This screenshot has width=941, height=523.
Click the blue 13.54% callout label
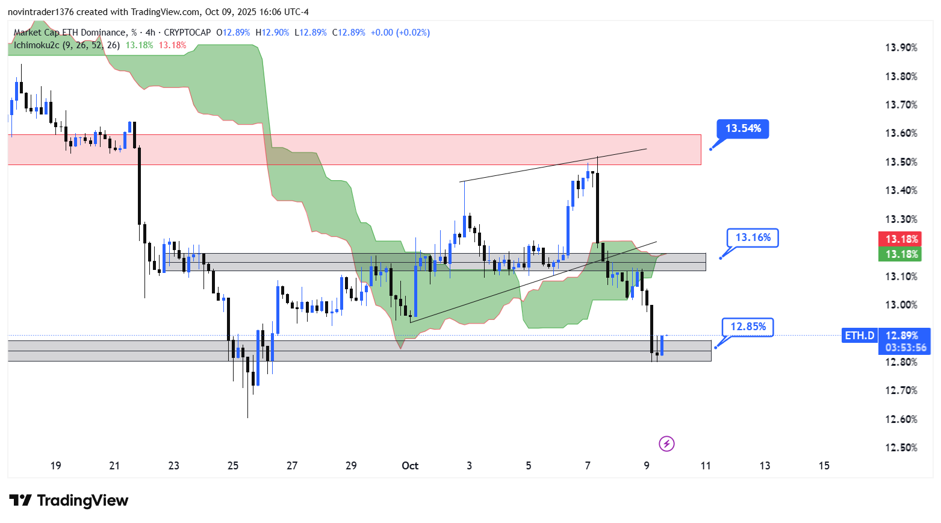(x=743, y=128)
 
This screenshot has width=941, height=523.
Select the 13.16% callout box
(x=753, y=237)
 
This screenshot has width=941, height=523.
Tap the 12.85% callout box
(x=748, y=327)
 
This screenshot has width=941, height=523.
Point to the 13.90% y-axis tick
(x=901, y=48)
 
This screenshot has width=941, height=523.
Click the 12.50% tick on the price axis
(x=901, y=448)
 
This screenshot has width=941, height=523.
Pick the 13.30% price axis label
(x=901, y=219)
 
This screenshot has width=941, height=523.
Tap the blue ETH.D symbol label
(x=859, y=336)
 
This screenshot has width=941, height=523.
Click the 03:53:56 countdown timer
(x=905, y=348)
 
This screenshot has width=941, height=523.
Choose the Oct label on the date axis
(x=410, y=466)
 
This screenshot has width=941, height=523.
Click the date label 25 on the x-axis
(x=233, y=466)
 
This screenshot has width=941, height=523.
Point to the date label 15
(x=824, y=466)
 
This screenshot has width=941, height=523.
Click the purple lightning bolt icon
(x=666, y=444)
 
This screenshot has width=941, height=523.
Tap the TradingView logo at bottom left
(x=69, y=501)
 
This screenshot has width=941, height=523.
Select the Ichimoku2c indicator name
(x=36, y=45)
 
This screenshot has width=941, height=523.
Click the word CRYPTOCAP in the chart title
(x=187, y=33)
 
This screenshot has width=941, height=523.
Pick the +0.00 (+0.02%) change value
(x=400, y=33)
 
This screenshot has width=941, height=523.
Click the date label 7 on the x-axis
(x=588, y=466)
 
